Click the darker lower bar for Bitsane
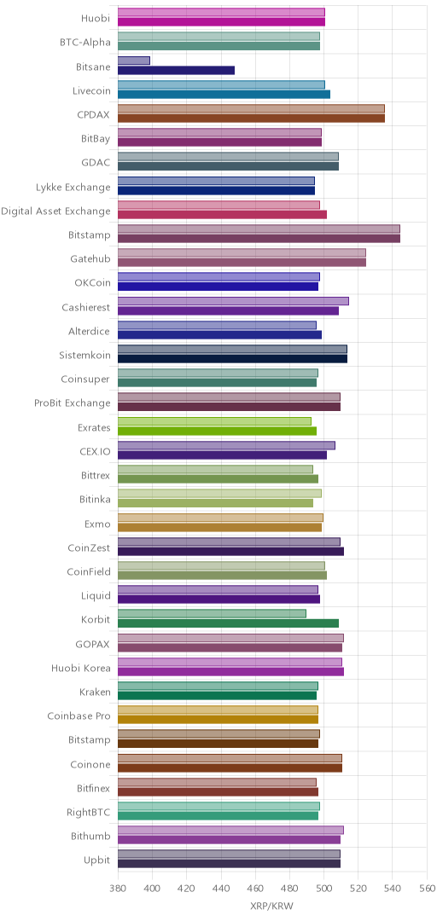coord(176,71)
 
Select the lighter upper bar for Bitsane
coord(134,61)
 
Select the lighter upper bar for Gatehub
coord(242,252)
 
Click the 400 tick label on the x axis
coord(152,886)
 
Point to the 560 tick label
coord(427,886)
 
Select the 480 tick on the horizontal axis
coord(290,886)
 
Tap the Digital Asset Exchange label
coord(55,211)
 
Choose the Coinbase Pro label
coord(79,716)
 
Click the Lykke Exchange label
coord(73,188)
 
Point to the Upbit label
coord(97,860)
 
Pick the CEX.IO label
coord(95,451)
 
